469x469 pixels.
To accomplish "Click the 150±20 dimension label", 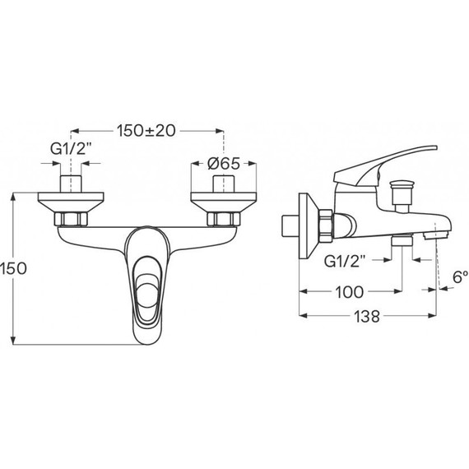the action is tap(146, 131).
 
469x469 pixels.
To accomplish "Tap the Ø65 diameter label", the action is tap(224, 163).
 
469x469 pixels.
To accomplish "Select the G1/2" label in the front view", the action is tap(71, 149).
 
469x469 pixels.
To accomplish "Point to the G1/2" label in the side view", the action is tap(345, 262).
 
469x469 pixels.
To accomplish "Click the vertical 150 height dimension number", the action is tap(13, 268).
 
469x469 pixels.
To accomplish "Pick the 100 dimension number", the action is tap(350, 291).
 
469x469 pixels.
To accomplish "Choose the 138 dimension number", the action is tap(367, 316).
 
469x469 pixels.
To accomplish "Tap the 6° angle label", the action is tap(460, 277).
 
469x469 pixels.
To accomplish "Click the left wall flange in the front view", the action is tap(71, 202).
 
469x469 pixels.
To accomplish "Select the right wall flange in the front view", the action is tap(224, 202).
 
